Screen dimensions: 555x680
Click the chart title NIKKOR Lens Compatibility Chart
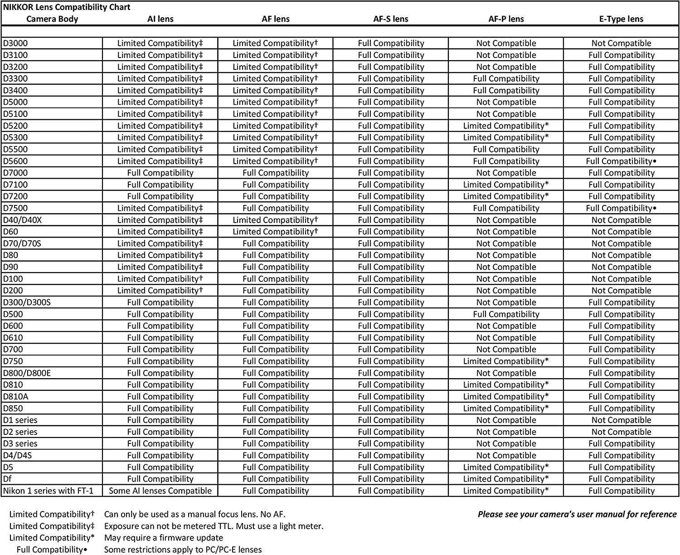pyautogui.click(x=67, y=7)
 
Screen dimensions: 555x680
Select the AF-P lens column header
pyautogui.click(x=506, y=19)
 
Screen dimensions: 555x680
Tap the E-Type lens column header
pyautogui.click(x=621, y=19)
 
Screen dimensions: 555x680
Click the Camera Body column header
pyautogui.click(x=52, y=19)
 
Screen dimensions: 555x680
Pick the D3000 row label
pyautogui.click(x=15, y=44)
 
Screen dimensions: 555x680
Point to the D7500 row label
pyautogui.click(x=15, y=208)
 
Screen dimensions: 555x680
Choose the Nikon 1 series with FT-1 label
pyautogui.click(x=48, y=491)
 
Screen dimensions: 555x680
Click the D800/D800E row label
pyautogui.click(x=27, y=373)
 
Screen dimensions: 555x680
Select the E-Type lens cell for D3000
pyautogui.click(x=621, y=44)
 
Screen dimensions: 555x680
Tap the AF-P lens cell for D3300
pyautogui.click(x=506, y=78)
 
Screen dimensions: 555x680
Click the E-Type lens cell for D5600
pyautogui.click(x=621, y=161)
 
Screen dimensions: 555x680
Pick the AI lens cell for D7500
pyautogui.click(x=160, y=208)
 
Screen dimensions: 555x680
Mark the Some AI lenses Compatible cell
pyautogui.click(x=160, y=491)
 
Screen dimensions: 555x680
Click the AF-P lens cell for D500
pyautogui.click(x=506, y=314)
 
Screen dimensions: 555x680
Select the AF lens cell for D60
pyautogui.click(x=276, y=232)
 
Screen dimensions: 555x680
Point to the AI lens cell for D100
pyautogui.click(x=160, y=279)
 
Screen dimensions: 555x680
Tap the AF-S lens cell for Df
pyautogui.click(x=391, y=479)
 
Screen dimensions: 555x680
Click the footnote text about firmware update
pyautogui.click(x=164, y=538)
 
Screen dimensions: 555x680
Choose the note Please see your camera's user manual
pyautogui.click(x=577, y=514)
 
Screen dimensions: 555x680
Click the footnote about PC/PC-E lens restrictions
pyautogui.click(x=183, y=550)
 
